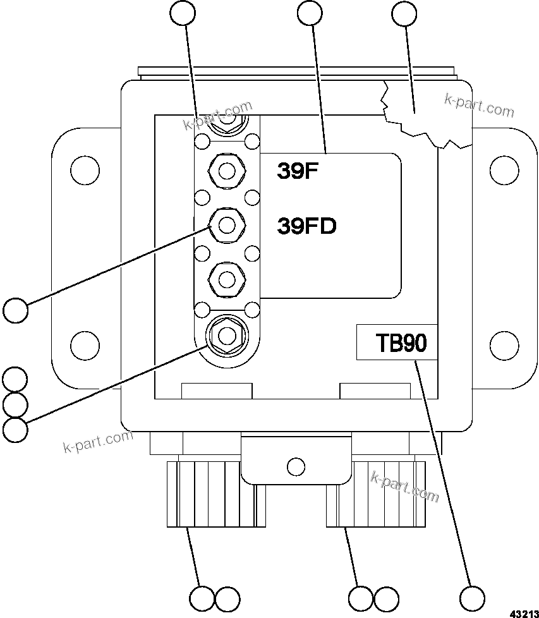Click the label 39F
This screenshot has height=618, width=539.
tap(296, 171)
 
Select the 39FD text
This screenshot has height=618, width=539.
tap(306, 226)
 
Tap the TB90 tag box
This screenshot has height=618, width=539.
tap(397, 342)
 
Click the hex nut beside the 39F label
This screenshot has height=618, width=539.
tap(227, 171)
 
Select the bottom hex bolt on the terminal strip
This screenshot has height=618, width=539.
tap(227, 335)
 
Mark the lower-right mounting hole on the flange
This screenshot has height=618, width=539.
tap(504, 344)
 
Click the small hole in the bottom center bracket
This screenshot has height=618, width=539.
tap(295, 467)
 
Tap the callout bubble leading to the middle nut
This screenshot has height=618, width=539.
tap(15, 311)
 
